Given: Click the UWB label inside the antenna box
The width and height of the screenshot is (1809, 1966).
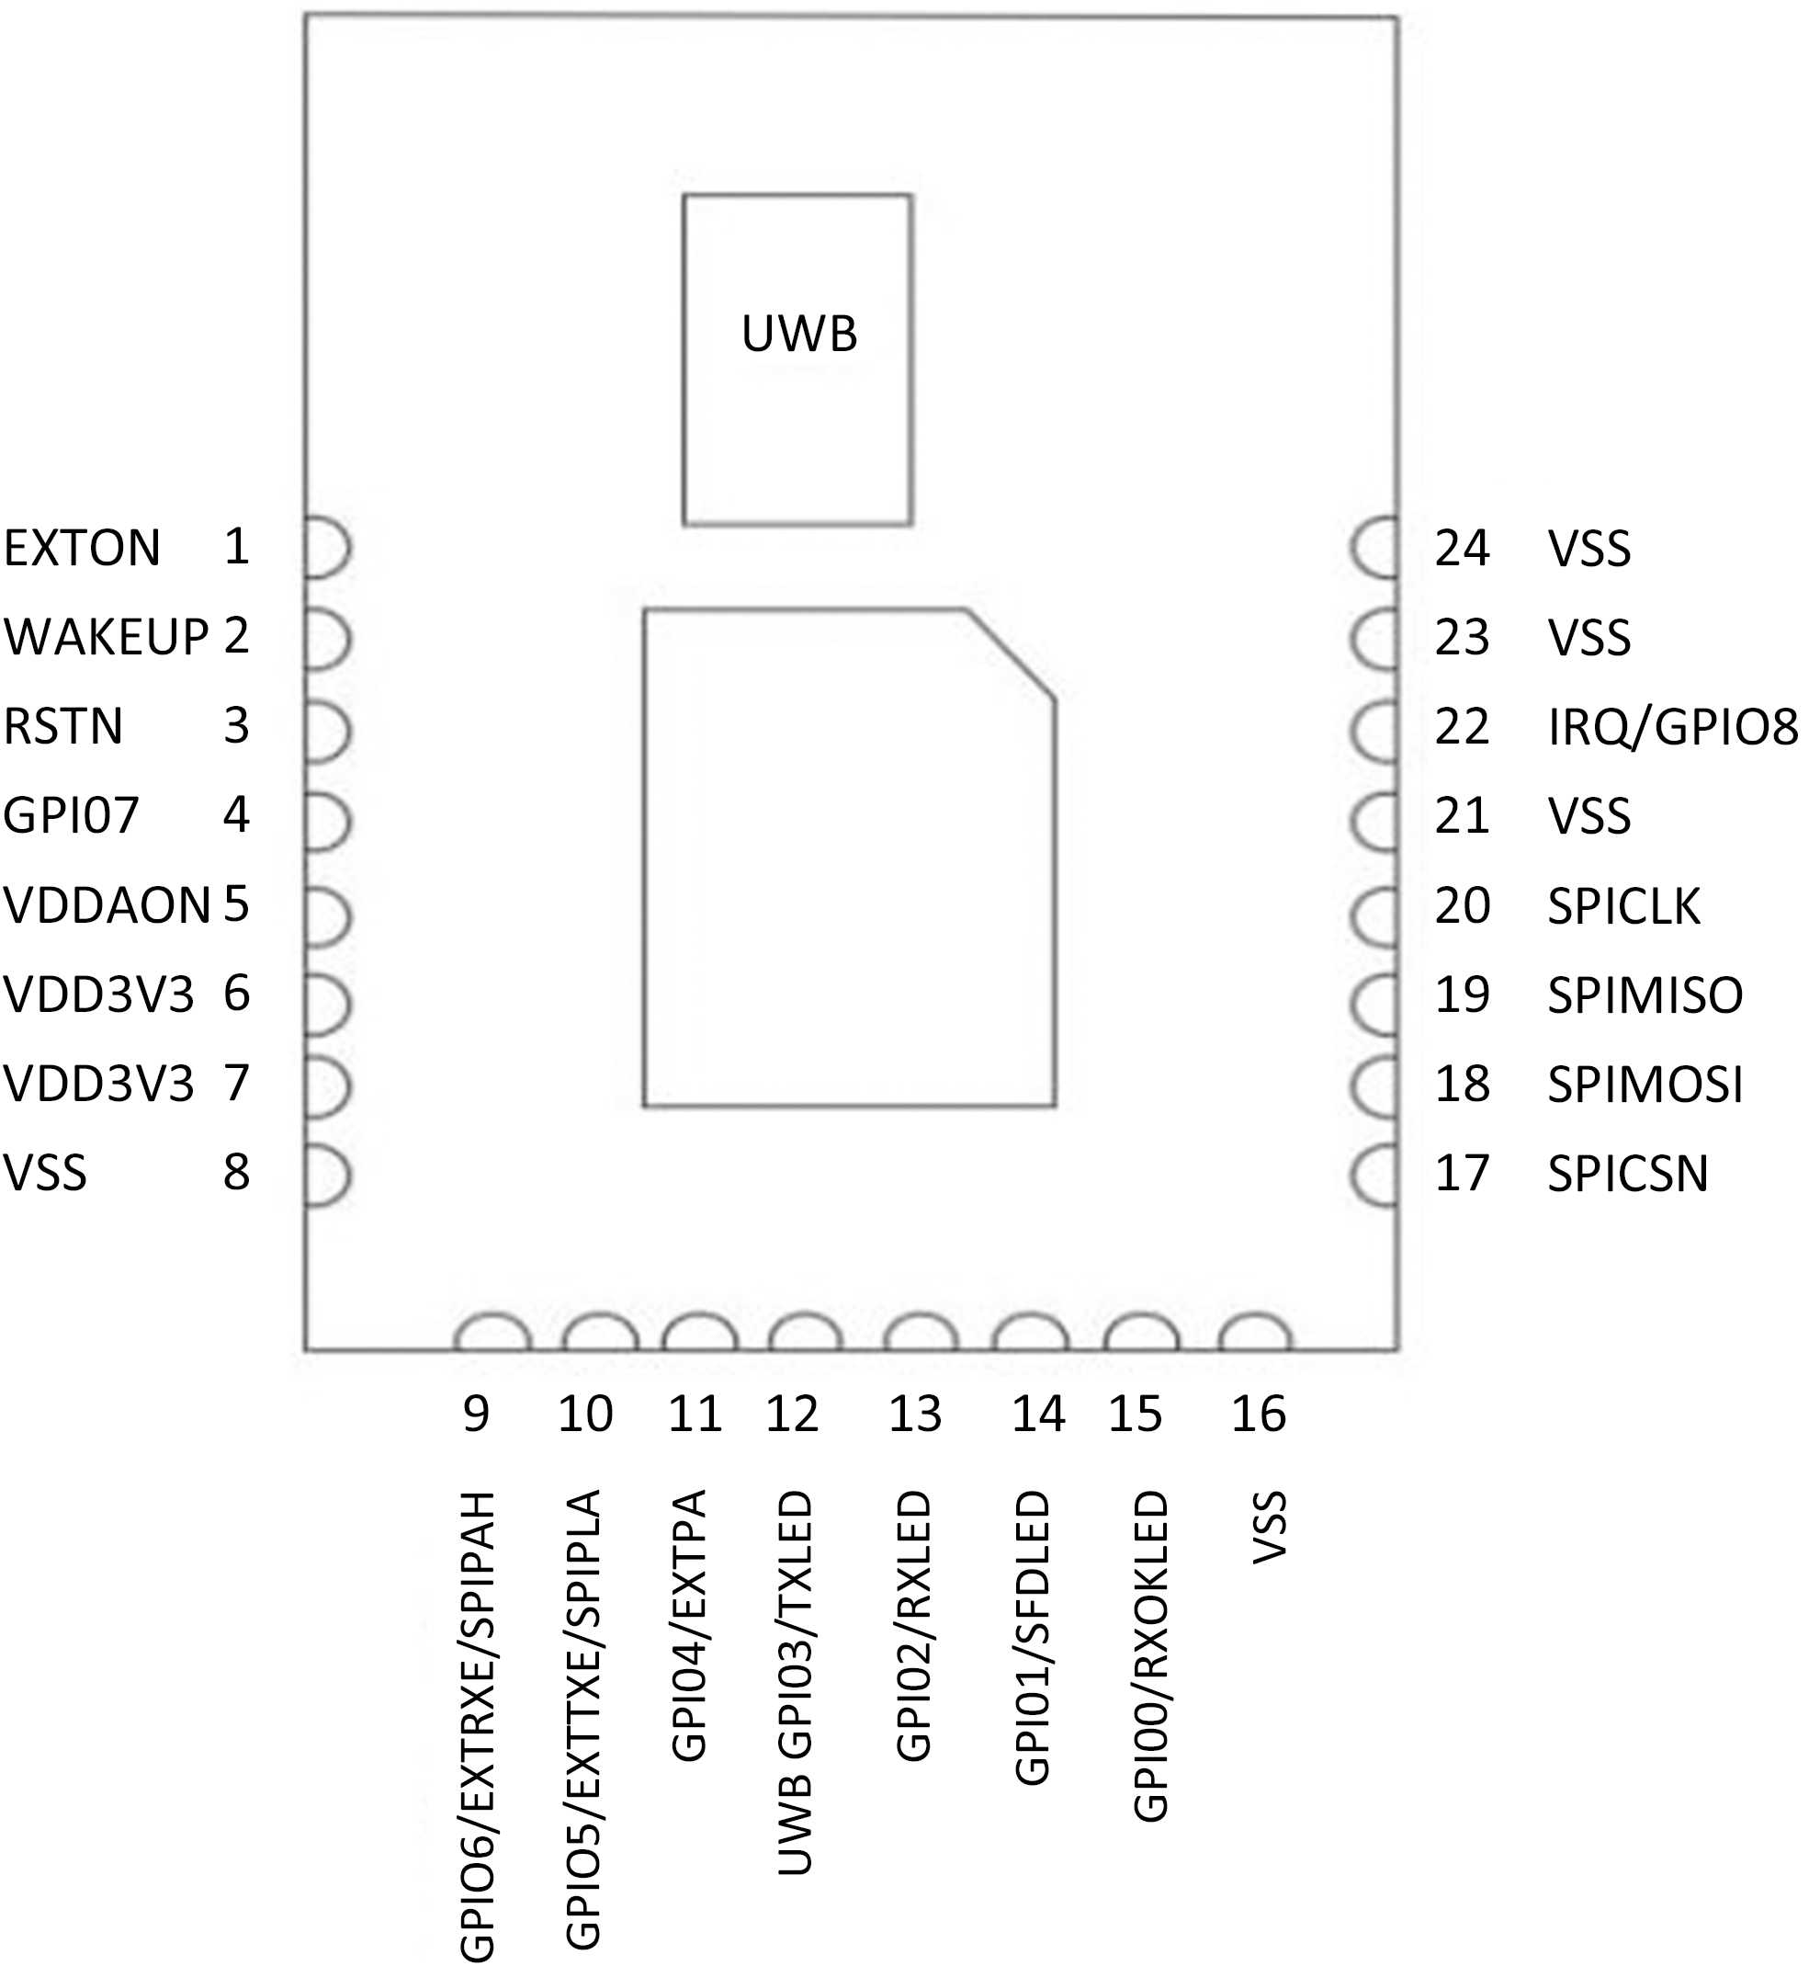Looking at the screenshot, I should pos(798,334).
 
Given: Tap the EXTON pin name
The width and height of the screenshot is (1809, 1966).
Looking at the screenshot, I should pos(83,547).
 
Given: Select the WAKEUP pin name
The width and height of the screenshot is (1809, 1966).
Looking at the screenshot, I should pos(106,636).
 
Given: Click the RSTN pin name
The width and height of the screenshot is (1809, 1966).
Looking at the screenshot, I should pos(63,725).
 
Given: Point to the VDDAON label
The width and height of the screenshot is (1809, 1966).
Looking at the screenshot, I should pos(107,904).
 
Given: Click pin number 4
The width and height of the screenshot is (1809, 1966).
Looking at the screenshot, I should pos(236,814).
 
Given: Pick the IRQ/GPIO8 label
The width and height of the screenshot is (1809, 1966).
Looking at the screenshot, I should pos(1672,726).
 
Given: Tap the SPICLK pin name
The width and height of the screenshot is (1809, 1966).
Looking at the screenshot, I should pos(1623,905).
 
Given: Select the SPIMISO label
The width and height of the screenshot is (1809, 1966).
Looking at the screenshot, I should pos(1645,994).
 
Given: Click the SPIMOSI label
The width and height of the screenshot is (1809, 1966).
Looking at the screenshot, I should pos(1645,1084).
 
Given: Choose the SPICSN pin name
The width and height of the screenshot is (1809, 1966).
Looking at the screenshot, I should pos(1627,1173).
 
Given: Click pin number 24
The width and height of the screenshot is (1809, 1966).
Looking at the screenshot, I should pos(1462,549).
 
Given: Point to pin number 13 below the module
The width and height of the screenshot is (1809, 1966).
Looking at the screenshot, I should pos(914,1414).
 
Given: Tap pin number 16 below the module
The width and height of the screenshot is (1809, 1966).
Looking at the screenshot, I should pos(1258,1414).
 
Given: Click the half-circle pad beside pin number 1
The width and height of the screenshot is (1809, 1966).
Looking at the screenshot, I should pos(326,547).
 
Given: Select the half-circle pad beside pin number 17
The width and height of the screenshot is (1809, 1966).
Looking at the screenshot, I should pos(1374,1174).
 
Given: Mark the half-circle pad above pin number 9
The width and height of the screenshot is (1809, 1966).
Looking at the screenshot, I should pos(492,1335).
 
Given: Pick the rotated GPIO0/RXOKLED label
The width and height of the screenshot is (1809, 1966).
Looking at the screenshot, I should pos(1151,1655).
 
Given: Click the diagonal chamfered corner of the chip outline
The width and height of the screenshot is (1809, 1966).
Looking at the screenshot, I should pos(1012,654).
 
